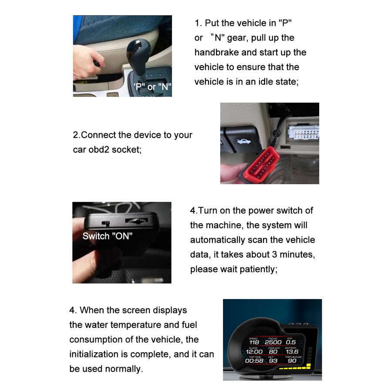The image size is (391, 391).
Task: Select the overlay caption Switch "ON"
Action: [108, 236]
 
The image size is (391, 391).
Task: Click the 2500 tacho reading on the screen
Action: [273, 342]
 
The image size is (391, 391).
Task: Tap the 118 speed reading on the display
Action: [254, 342]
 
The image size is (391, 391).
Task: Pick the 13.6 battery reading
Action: [292, 352]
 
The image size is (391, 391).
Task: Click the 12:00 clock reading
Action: [254, 352]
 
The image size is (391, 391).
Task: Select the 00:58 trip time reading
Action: [254, 361]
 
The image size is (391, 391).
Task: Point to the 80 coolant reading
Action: [273, 352]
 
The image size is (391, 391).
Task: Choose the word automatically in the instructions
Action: [217, 240]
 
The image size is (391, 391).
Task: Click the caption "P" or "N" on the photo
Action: [153, 87]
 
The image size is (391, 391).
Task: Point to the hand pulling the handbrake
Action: [86, 62]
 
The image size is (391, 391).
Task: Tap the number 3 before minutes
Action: [275, 255]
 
